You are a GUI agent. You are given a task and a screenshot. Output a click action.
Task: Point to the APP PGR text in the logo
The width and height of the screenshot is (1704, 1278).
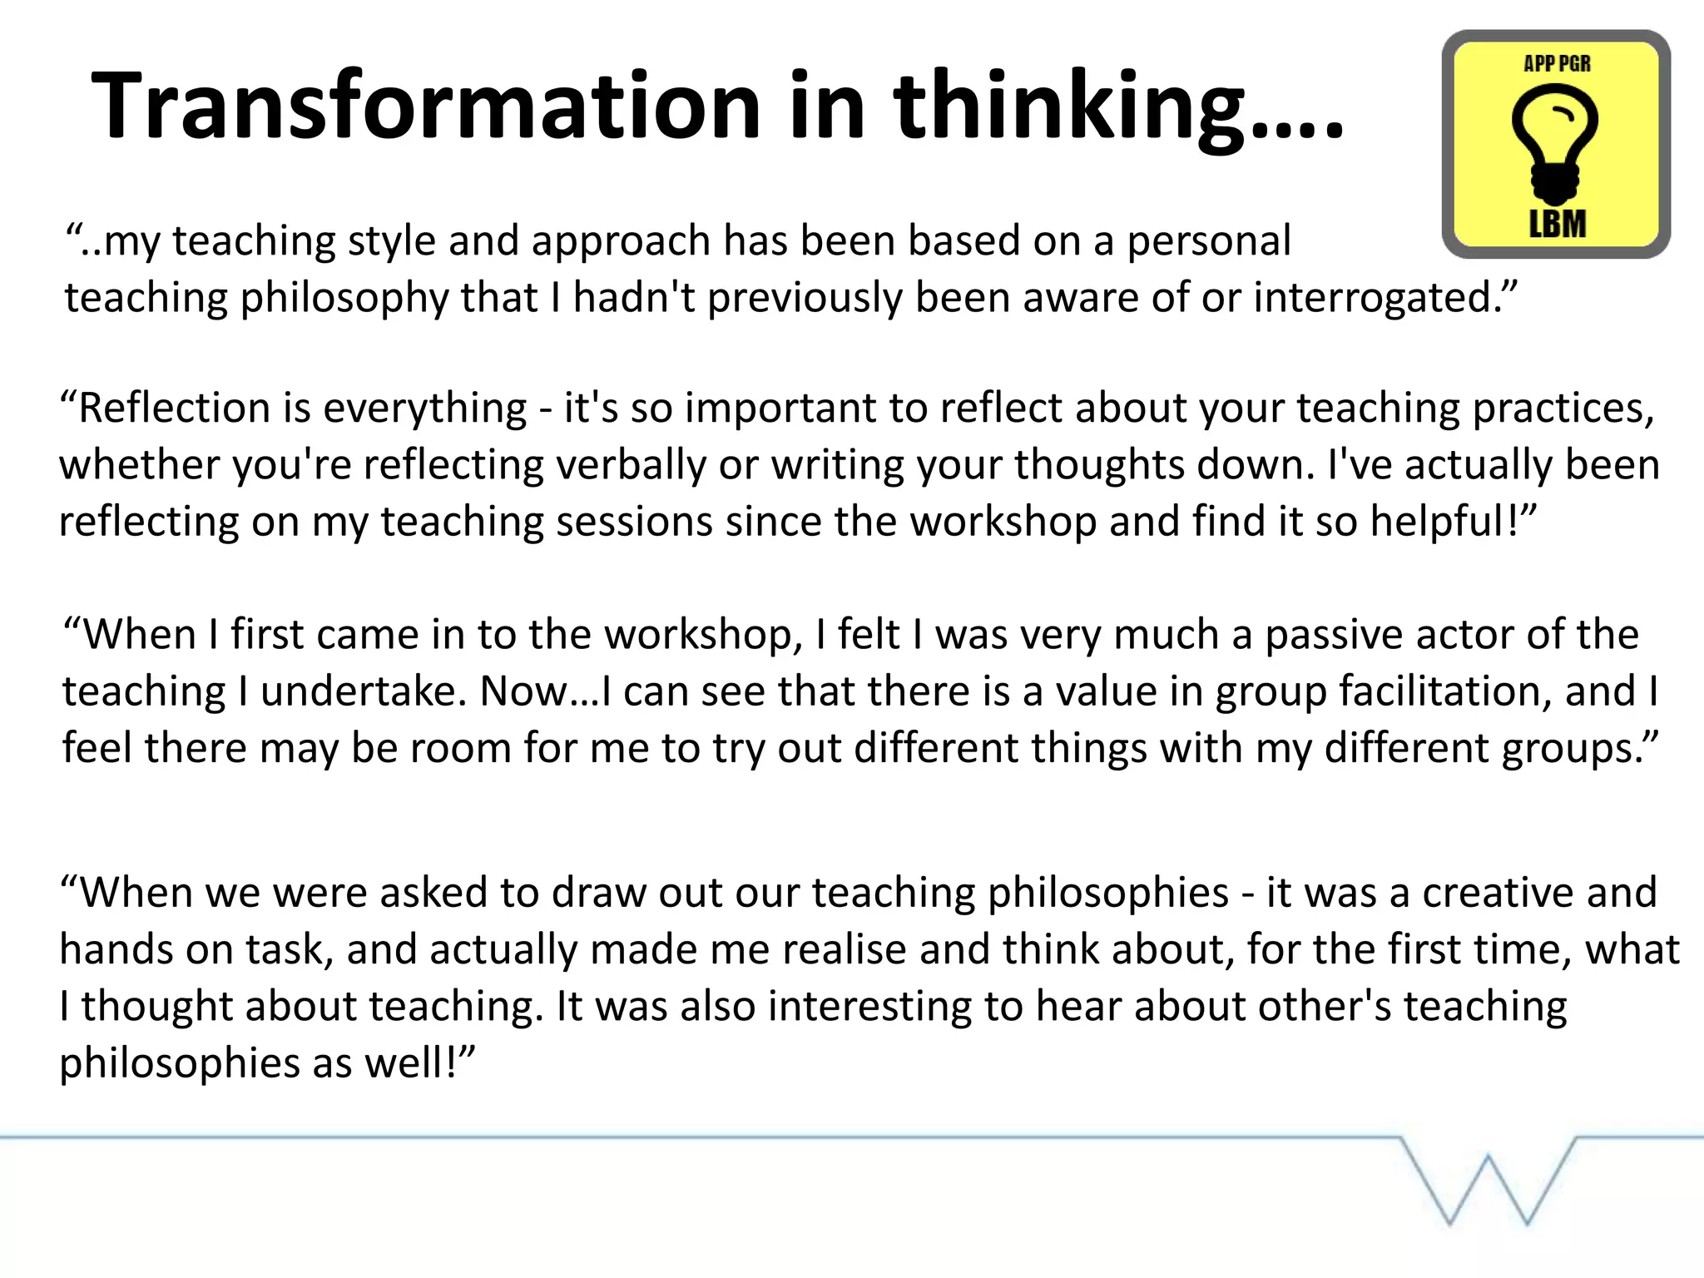1557,64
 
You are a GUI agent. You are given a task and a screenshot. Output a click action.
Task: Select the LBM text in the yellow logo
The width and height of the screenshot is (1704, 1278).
1557,224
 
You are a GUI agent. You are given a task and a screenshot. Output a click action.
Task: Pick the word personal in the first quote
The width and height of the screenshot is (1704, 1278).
1209,240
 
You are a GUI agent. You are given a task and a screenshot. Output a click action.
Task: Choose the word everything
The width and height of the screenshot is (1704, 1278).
424,409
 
